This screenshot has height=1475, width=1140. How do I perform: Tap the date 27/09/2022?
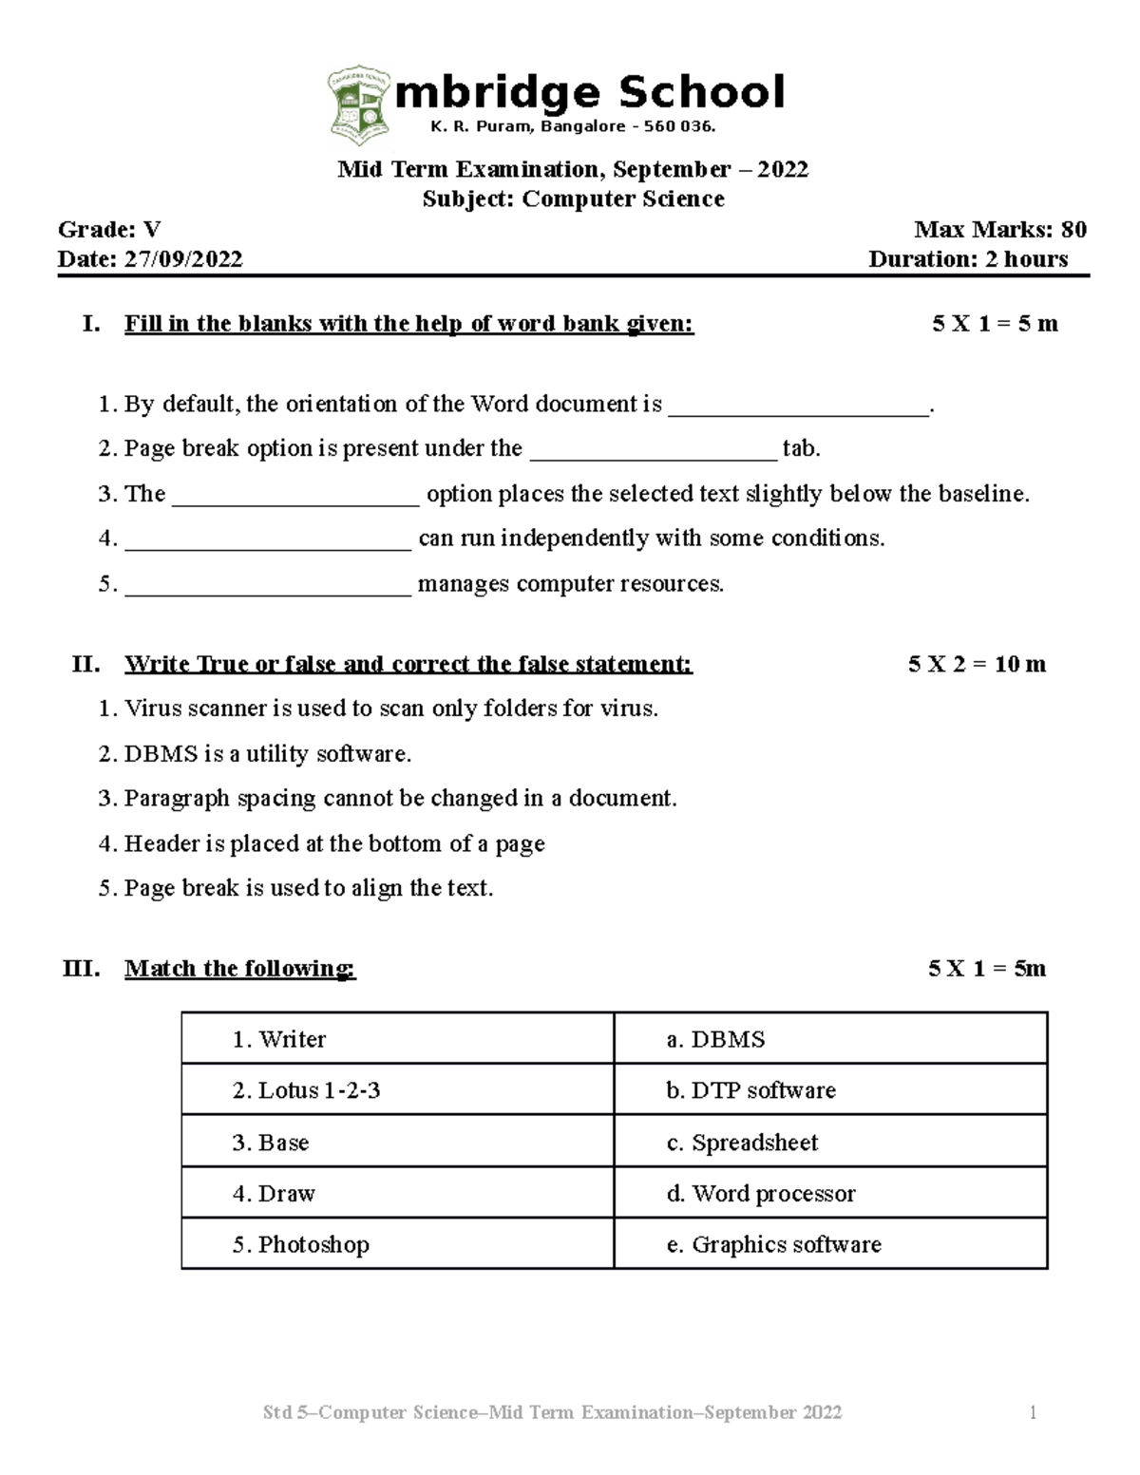182,259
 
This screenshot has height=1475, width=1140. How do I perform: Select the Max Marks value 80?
1073,229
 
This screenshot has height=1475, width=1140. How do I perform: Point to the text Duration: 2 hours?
967,259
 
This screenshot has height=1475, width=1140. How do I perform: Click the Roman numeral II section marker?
85,664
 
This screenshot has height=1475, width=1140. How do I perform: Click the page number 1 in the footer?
1033,1413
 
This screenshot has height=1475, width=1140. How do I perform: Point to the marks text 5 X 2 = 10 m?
977,664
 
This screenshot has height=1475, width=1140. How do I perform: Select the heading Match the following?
239,969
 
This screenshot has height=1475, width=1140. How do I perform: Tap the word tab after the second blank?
800,449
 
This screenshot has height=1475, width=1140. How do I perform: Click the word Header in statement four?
161,843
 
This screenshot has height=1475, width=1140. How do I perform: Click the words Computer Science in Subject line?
622,199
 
